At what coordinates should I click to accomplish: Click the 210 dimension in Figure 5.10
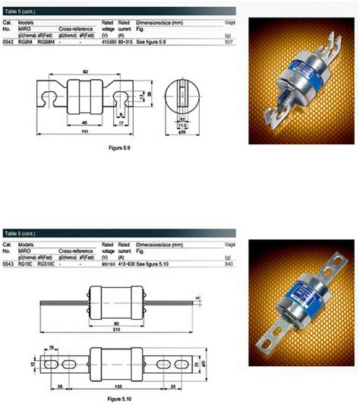click(x=112, y=330)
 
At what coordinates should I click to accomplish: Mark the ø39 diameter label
click(x=182, y=132)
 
